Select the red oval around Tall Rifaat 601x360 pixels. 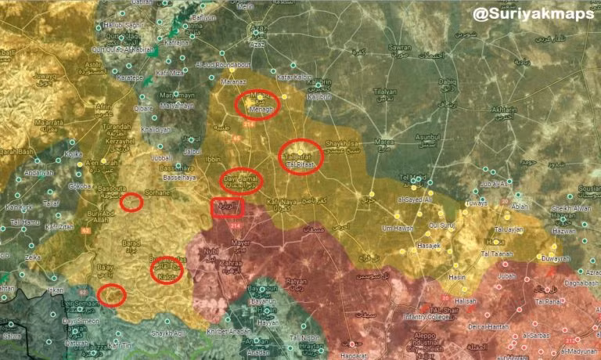tap(300, 157)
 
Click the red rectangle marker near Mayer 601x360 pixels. tap(229, 207)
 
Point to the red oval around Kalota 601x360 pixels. tap(167, 271)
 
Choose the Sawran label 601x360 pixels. tap(399, 49)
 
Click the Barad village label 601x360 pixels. tap(130, 244)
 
